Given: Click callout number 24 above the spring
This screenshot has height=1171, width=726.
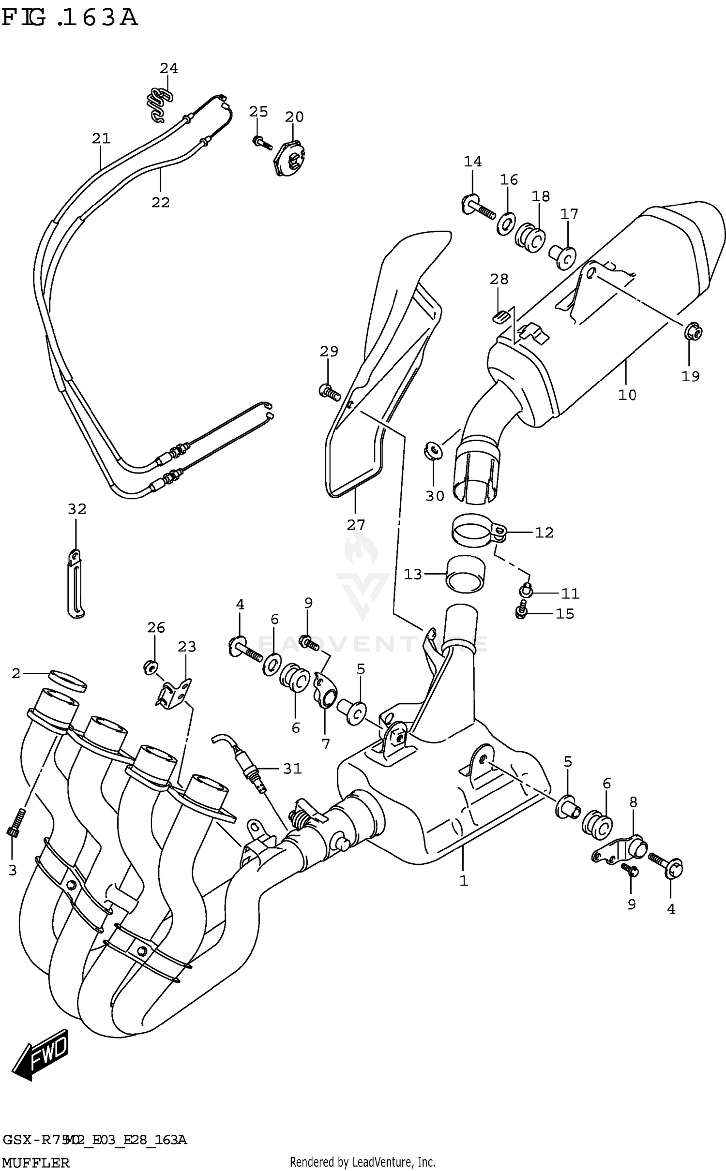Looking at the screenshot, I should click(169, 69).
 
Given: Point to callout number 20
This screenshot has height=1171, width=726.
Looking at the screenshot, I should click(294, 117).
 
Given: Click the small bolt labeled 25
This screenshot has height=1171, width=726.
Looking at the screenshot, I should click(259, 142).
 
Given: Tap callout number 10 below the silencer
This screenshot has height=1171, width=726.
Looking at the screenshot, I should click(627, 395).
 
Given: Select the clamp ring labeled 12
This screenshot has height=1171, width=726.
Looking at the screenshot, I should click(477, 531).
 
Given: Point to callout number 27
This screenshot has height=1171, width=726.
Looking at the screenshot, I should click(356, 524).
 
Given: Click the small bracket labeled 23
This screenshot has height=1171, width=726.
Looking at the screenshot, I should click(174, 693).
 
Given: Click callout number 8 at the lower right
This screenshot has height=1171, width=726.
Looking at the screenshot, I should click(633, 802).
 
